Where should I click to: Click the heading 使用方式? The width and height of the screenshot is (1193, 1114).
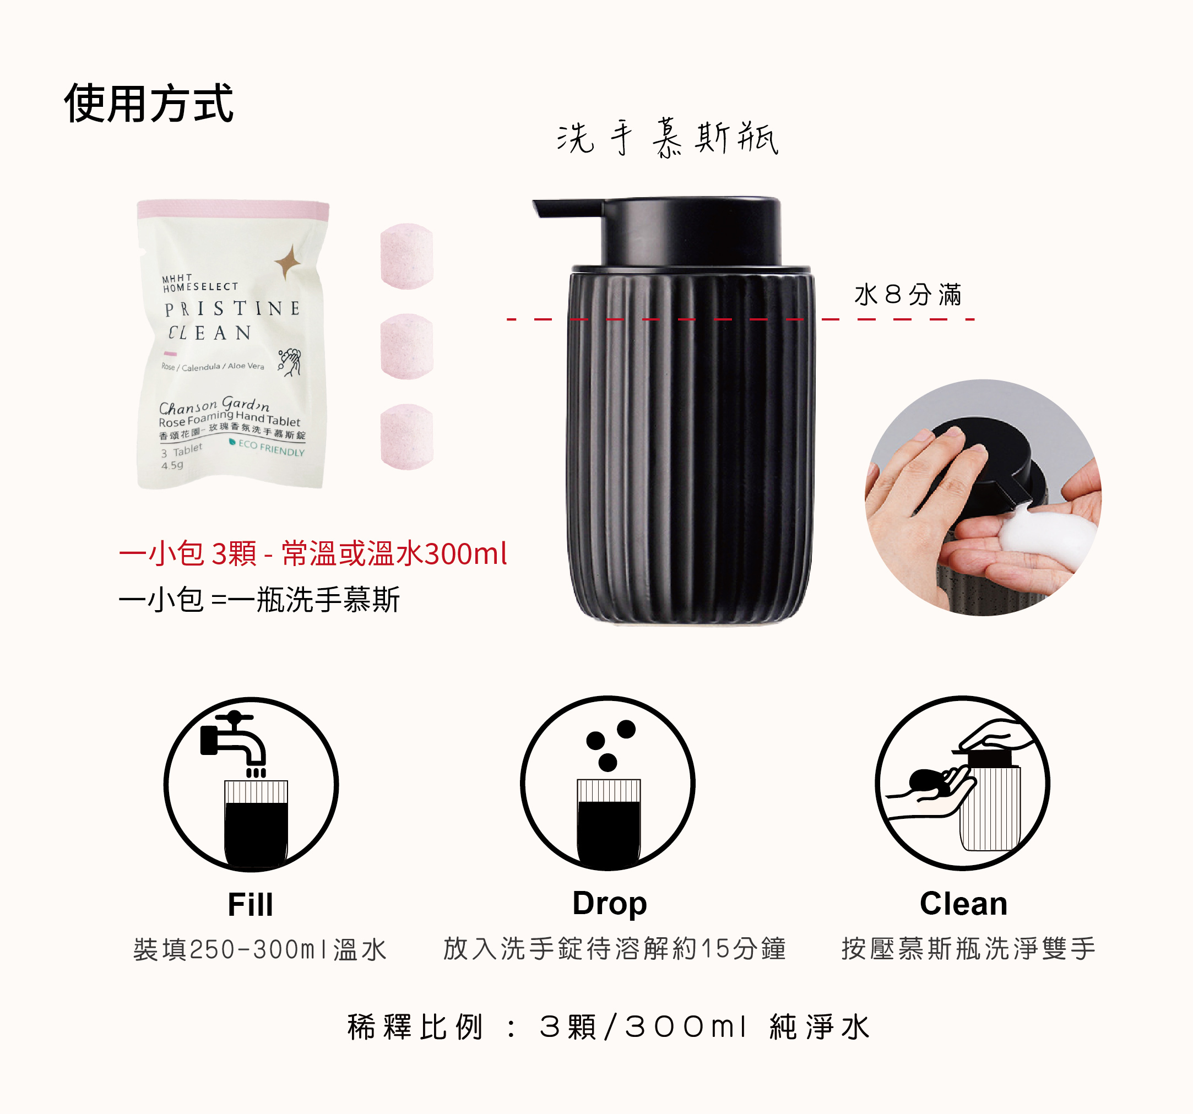coord(148,103)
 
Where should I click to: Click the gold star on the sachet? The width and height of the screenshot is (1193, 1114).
coord(288,263)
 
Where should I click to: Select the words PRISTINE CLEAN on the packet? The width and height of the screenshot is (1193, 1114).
coord(232,320)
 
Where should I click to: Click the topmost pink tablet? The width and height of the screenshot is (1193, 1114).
coord(407,256)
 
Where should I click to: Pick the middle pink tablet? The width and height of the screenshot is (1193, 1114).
coord(407,346)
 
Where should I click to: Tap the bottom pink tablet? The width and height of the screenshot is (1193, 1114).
coord(407,436)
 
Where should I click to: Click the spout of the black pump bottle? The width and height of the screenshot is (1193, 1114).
coord(564,208)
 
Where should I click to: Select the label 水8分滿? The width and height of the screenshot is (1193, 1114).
coord(907,295)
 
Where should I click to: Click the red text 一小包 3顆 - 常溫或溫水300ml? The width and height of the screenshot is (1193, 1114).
coord(313,553)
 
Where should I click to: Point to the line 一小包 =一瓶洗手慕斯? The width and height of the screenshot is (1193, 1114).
coord(259,599)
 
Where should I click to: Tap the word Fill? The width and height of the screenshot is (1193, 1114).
coord(250,905)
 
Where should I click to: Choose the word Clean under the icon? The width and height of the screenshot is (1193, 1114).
coord(963,904)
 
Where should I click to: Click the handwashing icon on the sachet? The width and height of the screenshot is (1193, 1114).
coord(290,361)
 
